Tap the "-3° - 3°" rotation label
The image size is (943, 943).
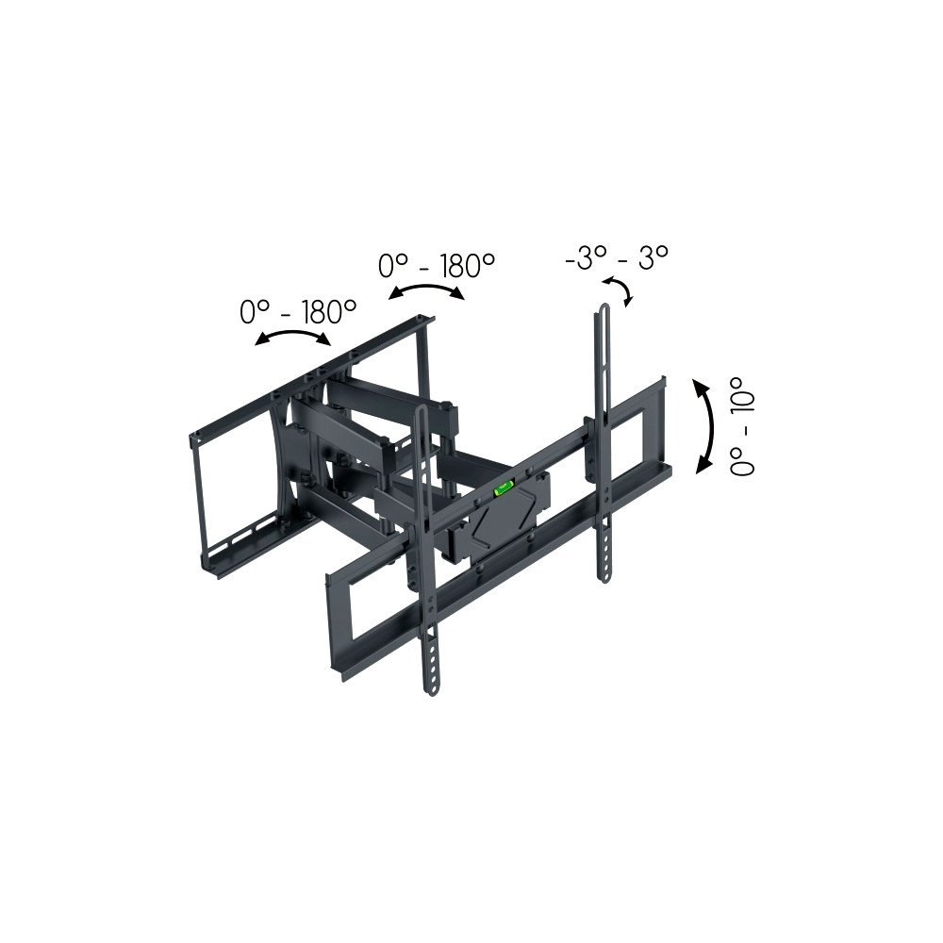tap(617, 258)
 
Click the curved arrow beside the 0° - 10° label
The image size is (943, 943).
tap(703, 425)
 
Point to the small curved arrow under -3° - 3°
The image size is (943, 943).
tap(619, 290)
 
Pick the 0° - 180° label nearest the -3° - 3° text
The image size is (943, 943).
tap(437, 266)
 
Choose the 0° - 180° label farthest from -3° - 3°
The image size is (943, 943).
tap(298, 311)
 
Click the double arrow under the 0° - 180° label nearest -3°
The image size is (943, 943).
tap(427, 292)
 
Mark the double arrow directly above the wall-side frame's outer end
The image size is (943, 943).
tap(293, 339)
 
